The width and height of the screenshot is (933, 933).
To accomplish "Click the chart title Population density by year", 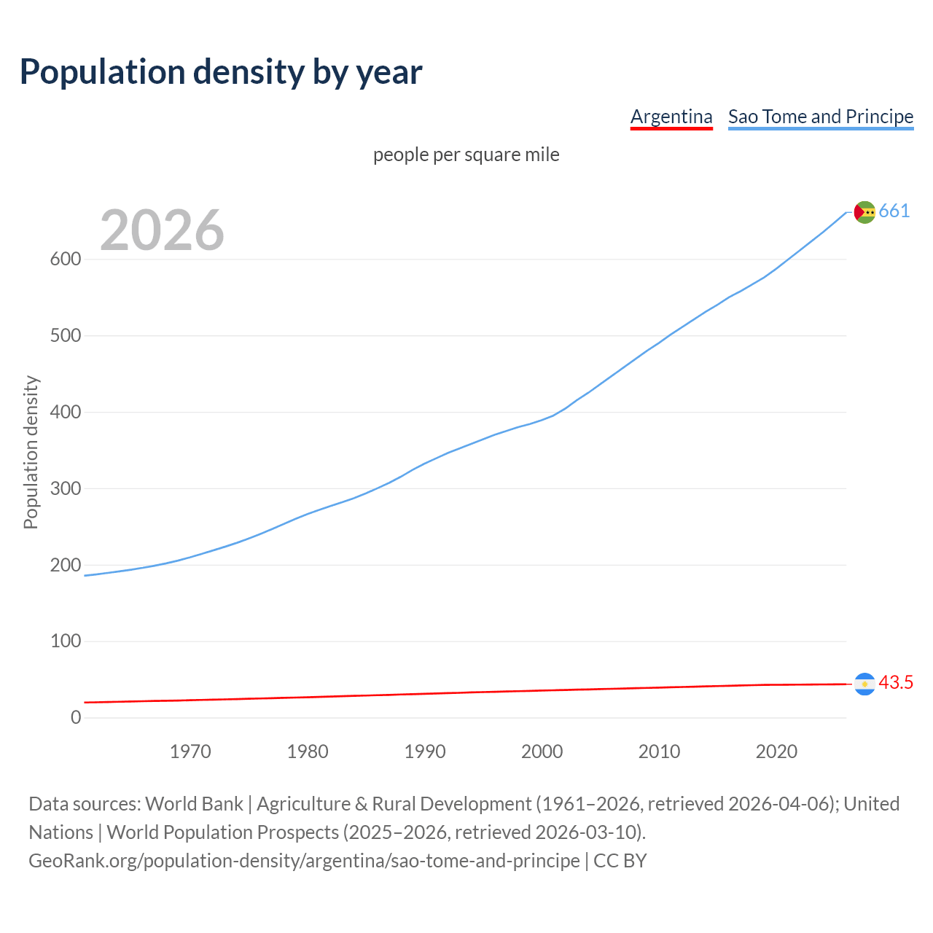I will pyautogui.click(x=221, y=72).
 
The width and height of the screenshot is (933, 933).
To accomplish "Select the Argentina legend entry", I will pyautogui.click(x=671, y=117).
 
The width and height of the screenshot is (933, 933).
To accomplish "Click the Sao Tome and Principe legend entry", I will pyautogui.click(x=821, y=117).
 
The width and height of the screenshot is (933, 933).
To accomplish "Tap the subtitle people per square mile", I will pyautogui.click(x=466, y=155).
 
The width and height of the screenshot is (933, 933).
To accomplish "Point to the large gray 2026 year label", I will pyautogui.click(x=162, y=230).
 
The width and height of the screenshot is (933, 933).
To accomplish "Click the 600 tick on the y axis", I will pyautogui.click(x=66, y=259).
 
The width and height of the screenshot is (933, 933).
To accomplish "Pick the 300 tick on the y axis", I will pyautogui.click(x=66, y=488).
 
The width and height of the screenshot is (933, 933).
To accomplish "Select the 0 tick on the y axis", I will pyautogui.click(x=76, y=717).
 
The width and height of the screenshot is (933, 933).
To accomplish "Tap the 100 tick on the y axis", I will pyautogui.click(x=66, y=641).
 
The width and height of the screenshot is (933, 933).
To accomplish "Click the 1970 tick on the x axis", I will pyautogui.click(x=190, y=752).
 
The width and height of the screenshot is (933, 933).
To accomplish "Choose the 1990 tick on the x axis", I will pyautogui.click(x=425, y=752).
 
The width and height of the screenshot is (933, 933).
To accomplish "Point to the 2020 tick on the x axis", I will pyautogui.click(x=776, y=752).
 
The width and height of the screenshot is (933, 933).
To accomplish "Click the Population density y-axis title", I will pyautogui.click(x=31, y=452).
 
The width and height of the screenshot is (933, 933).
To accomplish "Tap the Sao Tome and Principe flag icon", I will pyautogui.click(x=864, y=212).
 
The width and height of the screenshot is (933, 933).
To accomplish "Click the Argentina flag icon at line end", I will pyautogui.click(x=864, y=684).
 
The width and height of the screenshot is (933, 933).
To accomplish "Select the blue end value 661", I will pyautogui.click(x=894, y=211).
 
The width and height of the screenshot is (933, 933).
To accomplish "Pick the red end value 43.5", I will pyautogui.click(x=896, y=683).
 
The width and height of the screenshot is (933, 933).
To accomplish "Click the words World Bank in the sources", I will pyautogui.click(x=194, y=804).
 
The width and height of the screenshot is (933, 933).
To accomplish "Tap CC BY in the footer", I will pyautogui.click(x=620, y=861).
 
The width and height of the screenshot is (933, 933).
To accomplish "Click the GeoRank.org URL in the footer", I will pyautogui.click(x=304, y=861).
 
